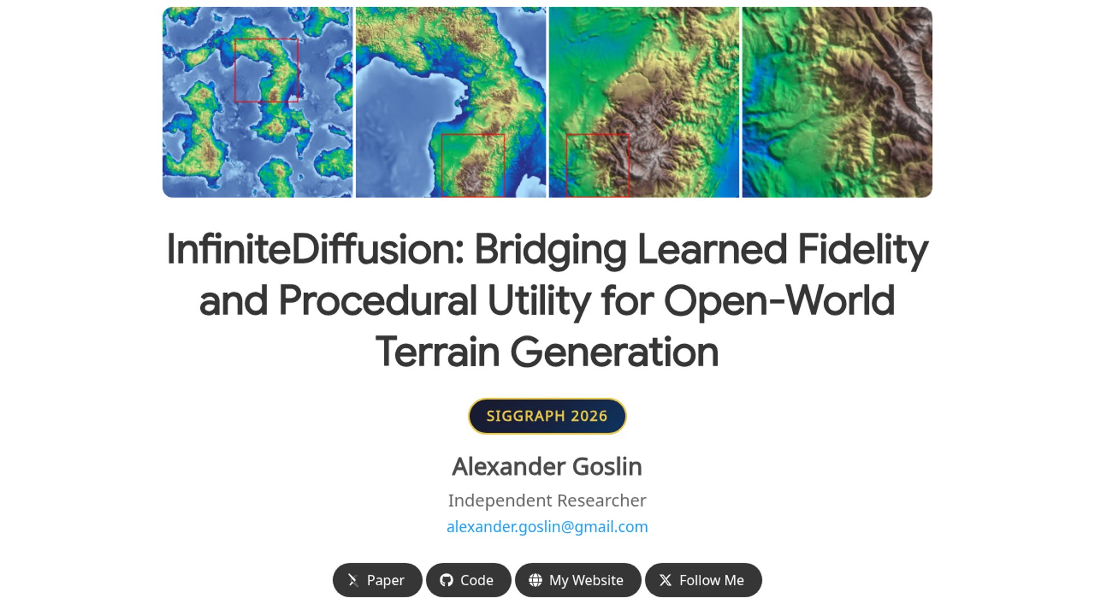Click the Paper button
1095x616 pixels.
pos(377,580)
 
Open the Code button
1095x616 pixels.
pos(468,580)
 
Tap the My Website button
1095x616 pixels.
pos(578,580)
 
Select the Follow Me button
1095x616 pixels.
pos(703,580)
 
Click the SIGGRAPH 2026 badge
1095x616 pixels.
pos(547,416)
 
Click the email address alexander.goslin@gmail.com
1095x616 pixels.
pos(547,526)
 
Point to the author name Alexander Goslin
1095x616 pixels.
pos(547,467)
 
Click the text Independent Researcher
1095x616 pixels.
pos(547,500)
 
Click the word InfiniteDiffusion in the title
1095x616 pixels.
pos(315,249)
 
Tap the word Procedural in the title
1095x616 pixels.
pos(378,301)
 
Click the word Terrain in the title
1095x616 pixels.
pos(437,352)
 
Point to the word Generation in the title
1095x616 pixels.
pos(614,352)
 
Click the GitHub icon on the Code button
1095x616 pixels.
pos(447,580)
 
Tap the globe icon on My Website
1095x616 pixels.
pos(536,580)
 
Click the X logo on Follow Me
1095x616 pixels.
pos(666,580)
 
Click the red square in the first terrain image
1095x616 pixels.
pos(234,70)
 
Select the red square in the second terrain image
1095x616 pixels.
pos(441,165)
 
